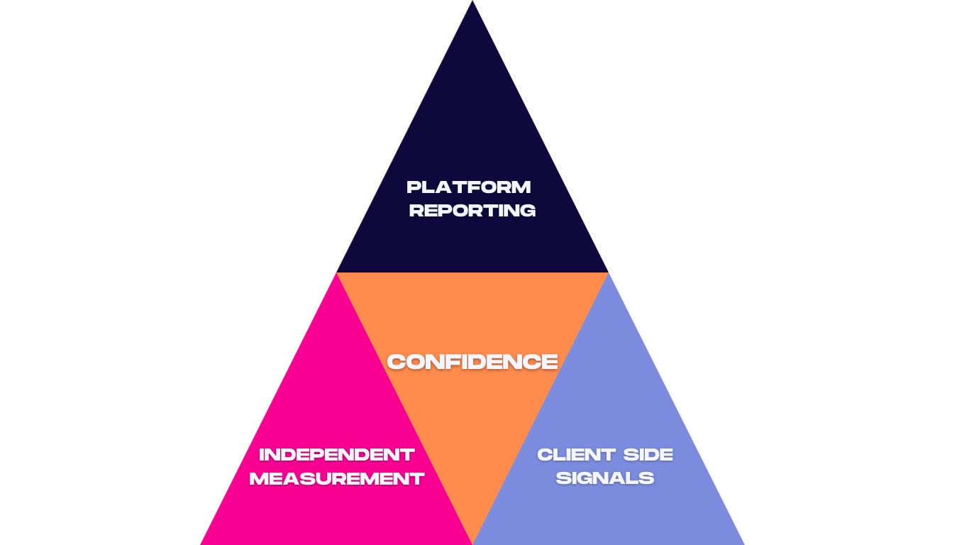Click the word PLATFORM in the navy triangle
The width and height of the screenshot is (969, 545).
(469, 187)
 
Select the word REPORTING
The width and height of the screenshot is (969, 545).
(472, 211)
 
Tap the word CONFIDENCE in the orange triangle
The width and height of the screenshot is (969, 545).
(472, 362)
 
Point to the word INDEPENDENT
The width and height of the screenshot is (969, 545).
(336, 455)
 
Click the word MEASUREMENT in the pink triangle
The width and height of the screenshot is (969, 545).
(336, 479)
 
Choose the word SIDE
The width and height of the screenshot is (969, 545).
(648, 455)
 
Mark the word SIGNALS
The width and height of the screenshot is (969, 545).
(605, 478)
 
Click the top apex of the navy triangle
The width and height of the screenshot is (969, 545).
(472, 3)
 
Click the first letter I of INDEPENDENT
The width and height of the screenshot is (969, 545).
(262, 455)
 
